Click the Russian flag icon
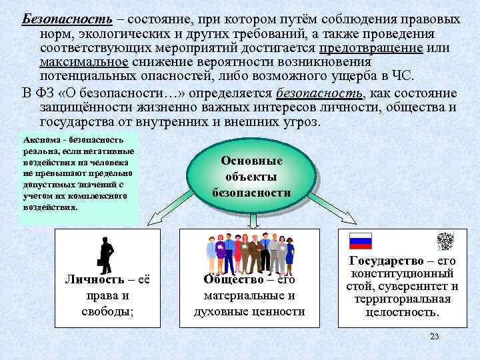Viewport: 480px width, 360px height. tap(361, 241)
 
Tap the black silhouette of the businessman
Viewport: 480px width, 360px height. tap(105, 255)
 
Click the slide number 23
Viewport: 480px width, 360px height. tap(435, 336)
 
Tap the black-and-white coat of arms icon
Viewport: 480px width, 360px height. tap(445, 241)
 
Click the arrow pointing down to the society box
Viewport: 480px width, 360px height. tap(252, 221)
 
